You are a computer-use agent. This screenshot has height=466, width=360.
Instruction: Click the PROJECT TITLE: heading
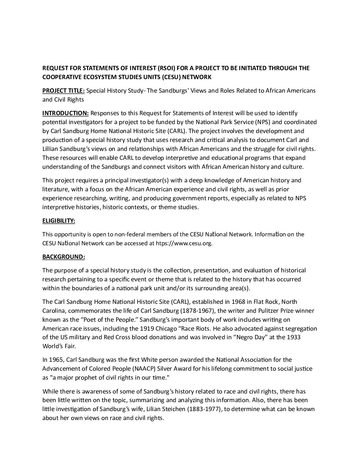[64, 91]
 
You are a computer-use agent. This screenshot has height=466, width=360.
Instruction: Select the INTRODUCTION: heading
[66, 113]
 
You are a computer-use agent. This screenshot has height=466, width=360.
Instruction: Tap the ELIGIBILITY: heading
[59, 221]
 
